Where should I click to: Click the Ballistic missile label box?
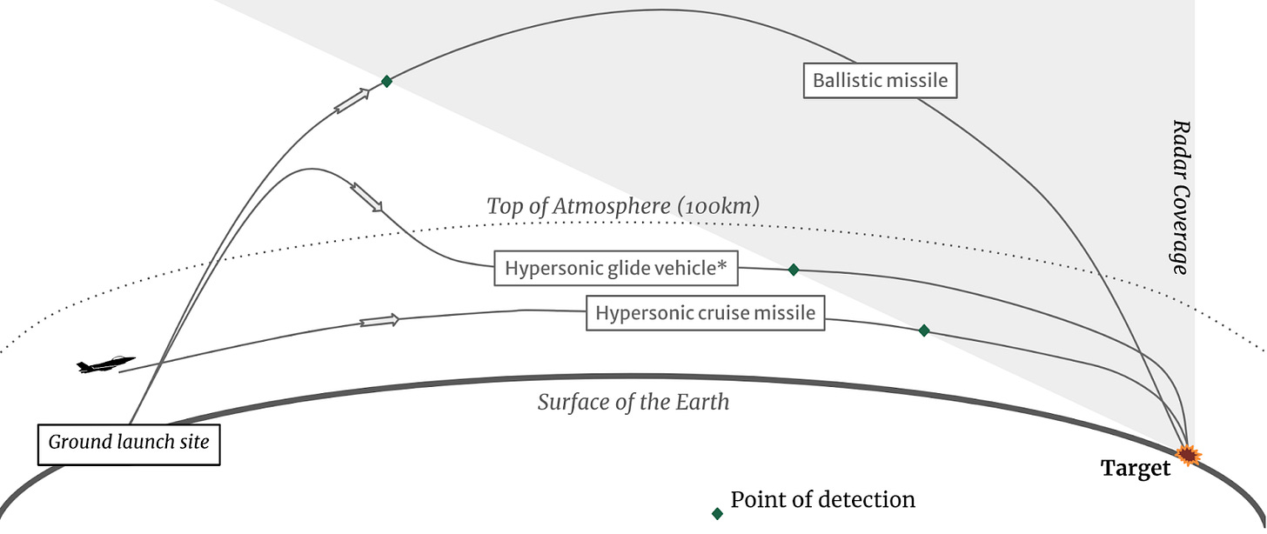click(880, 81)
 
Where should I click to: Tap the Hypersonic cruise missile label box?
click(705, 313)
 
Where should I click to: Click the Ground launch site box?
click(129, 442)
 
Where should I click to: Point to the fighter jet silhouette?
click(106, 365)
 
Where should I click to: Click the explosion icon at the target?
click(1188, 455)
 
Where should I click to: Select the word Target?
click(1136, 469)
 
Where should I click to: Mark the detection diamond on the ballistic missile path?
click(386, 81)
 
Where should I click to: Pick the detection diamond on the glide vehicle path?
click(793, 270)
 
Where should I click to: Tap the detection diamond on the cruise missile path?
click(924, 330)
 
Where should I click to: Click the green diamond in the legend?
click(717, 513)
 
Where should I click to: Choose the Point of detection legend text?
click(822, 500)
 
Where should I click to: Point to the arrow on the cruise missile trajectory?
click(379, 321)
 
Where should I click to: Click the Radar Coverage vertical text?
click(1180, 197)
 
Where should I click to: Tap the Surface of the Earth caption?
click(633, 403)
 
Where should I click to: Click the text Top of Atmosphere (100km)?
click(623, 207)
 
